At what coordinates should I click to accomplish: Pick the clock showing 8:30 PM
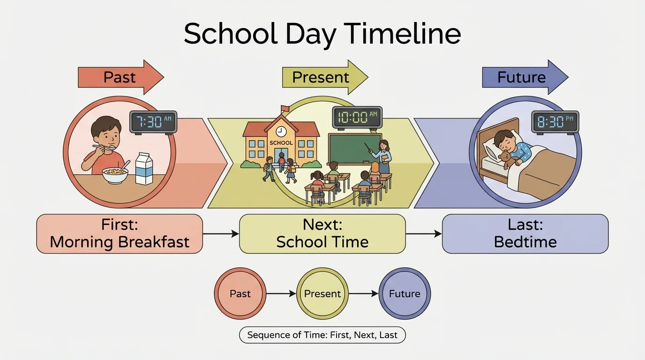(555, 121)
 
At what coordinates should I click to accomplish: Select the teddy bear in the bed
(507, 160)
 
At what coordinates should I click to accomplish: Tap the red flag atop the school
(285, 109)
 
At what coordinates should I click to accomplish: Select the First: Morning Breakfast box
(120, 233)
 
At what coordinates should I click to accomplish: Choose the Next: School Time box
(322, 233)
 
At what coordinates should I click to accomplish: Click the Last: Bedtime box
(525, 233)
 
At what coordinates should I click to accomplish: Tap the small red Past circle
(240, 294)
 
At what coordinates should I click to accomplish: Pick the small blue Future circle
(405, 294)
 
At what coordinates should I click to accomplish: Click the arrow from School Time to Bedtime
(423, 233)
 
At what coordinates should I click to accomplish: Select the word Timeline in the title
(402, 34)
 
